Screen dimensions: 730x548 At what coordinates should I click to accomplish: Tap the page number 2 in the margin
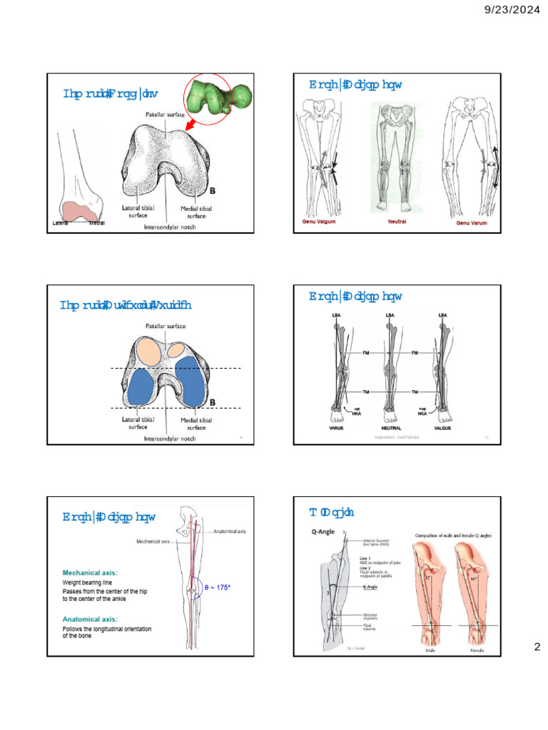(x=538, y=647)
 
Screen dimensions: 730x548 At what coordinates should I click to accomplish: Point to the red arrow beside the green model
(x=191, y=125)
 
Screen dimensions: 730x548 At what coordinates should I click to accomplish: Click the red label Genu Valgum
(x=315, y=222)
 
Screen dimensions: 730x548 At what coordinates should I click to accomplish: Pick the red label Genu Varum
(x=476, y=223)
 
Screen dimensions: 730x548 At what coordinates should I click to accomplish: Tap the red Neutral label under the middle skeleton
(x=397, y=222)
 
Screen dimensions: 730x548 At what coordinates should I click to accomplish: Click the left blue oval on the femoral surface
(x=148, y=389)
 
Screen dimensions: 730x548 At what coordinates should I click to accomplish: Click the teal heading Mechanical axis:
(x=90, y=572)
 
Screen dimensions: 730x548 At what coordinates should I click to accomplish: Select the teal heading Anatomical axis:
(x=90, y=619)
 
